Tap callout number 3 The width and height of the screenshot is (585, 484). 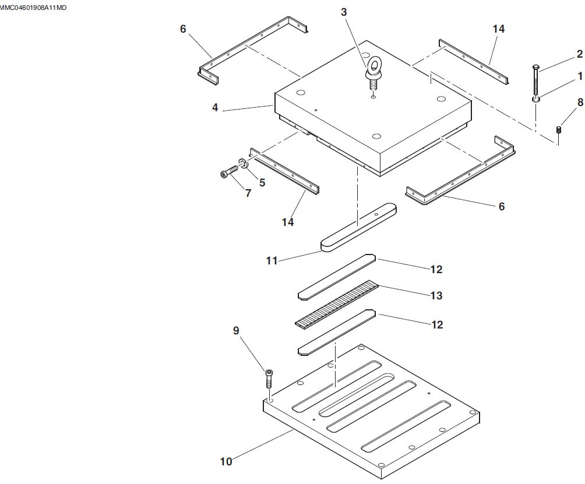click(344, 12)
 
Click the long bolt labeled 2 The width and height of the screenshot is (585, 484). click(535, 82)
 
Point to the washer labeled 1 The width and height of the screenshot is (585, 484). click(535, 100)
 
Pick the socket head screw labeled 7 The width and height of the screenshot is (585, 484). click(228, 173)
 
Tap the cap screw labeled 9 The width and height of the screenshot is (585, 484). click(269, 379)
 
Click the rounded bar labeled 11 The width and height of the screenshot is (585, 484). click(358, 227)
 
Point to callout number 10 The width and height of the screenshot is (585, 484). click(225, 462)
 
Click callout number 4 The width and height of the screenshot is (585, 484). click(215, 108)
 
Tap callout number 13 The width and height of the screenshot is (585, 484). click(436, 295)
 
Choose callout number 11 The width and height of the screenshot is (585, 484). click(272, 260)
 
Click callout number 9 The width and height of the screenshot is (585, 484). click(236, 330)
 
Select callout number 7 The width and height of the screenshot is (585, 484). click(248, 193)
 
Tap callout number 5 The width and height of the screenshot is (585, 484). click(262, 182)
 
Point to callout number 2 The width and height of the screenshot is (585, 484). click(580, 54)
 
